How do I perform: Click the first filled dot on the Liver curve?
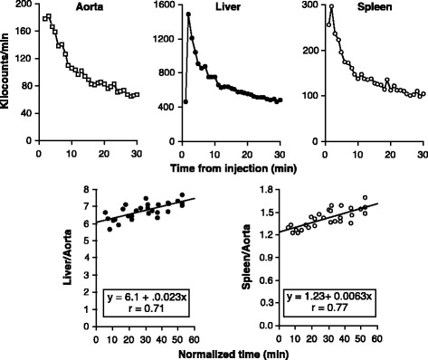[185, 101]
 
